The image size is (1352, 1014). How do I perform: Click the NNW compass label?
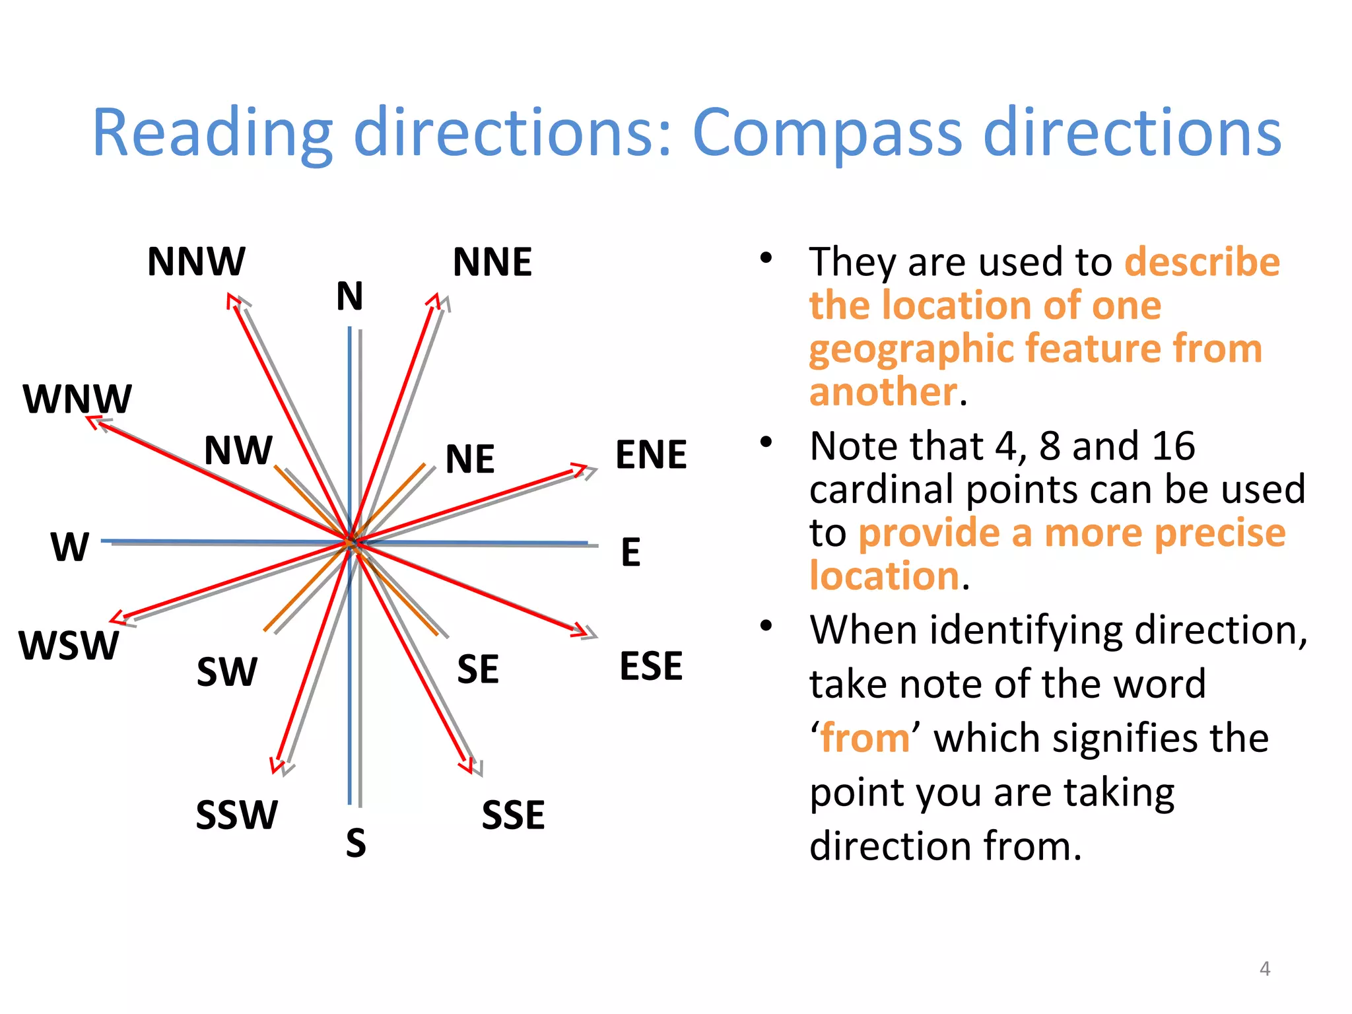tap(196, 261)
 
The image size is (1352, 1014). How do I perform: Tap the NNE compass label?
tap(492, 262)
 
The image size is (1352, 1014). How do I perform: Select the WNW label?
tap(77, 399)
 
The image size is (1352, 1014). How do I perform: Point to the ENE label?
tap(651, 455)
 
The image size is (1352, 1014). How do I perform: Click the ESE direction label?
tap(651, 666)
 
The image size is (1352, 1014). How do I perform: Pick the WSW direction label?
tap(69, 646)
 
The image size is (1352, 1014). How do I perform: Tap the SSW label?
tap(237, 815)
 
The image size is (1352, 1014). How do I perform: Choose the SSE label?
tap(514, 815)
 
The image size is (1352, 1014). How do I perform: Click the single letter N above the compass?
tap(350, 296)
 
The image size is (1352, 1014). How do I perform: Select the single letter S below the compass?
tap(356, 843)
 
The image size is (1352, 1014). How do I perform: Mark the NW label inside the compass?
tap(238, 450)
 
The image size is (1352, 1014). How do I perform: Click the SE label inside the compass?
tap(478, 669)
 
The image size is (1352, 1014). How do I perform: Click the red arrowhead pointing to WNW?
tap(94, 421)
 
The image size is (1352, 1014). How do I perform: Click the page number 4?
tap(1265, 968)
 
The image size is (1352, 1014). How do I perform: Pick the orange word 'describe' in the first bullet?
tap(1202, 261)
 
